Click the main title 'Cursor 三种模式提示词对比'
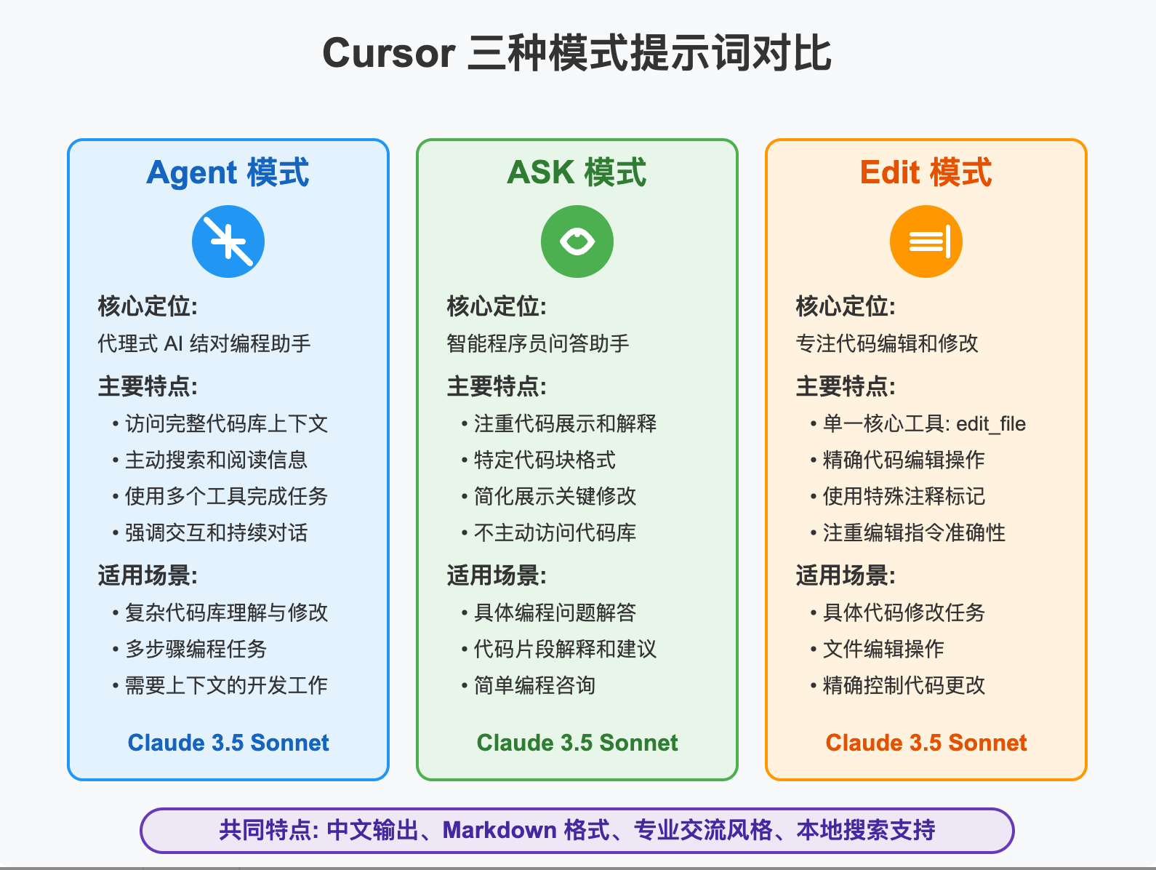577,52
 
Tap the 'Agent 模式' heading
228,172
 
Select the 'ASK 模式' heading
577,172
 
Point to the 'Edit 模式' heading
926,172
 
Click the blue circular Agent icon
228,242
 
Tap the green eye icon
577,242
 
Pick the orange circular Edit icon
926,242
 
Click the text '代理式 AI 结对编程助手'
204,343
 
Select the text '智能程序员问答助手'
538,343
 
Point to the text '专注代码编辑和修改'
887,343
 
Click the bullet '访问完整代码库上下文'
226,423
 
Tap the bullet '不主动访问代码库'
555,532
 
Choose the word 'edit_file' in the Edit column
991,424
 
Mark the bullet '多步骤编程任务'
196,649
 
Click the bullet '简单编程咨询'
534,685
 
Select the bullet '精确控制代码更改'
904,685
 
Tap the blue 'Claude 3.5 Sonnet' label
228,743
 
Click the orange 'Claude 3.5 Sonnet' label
926,743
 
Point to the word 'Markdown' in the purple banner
499,830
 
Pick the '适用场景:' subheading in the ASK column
496,575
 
